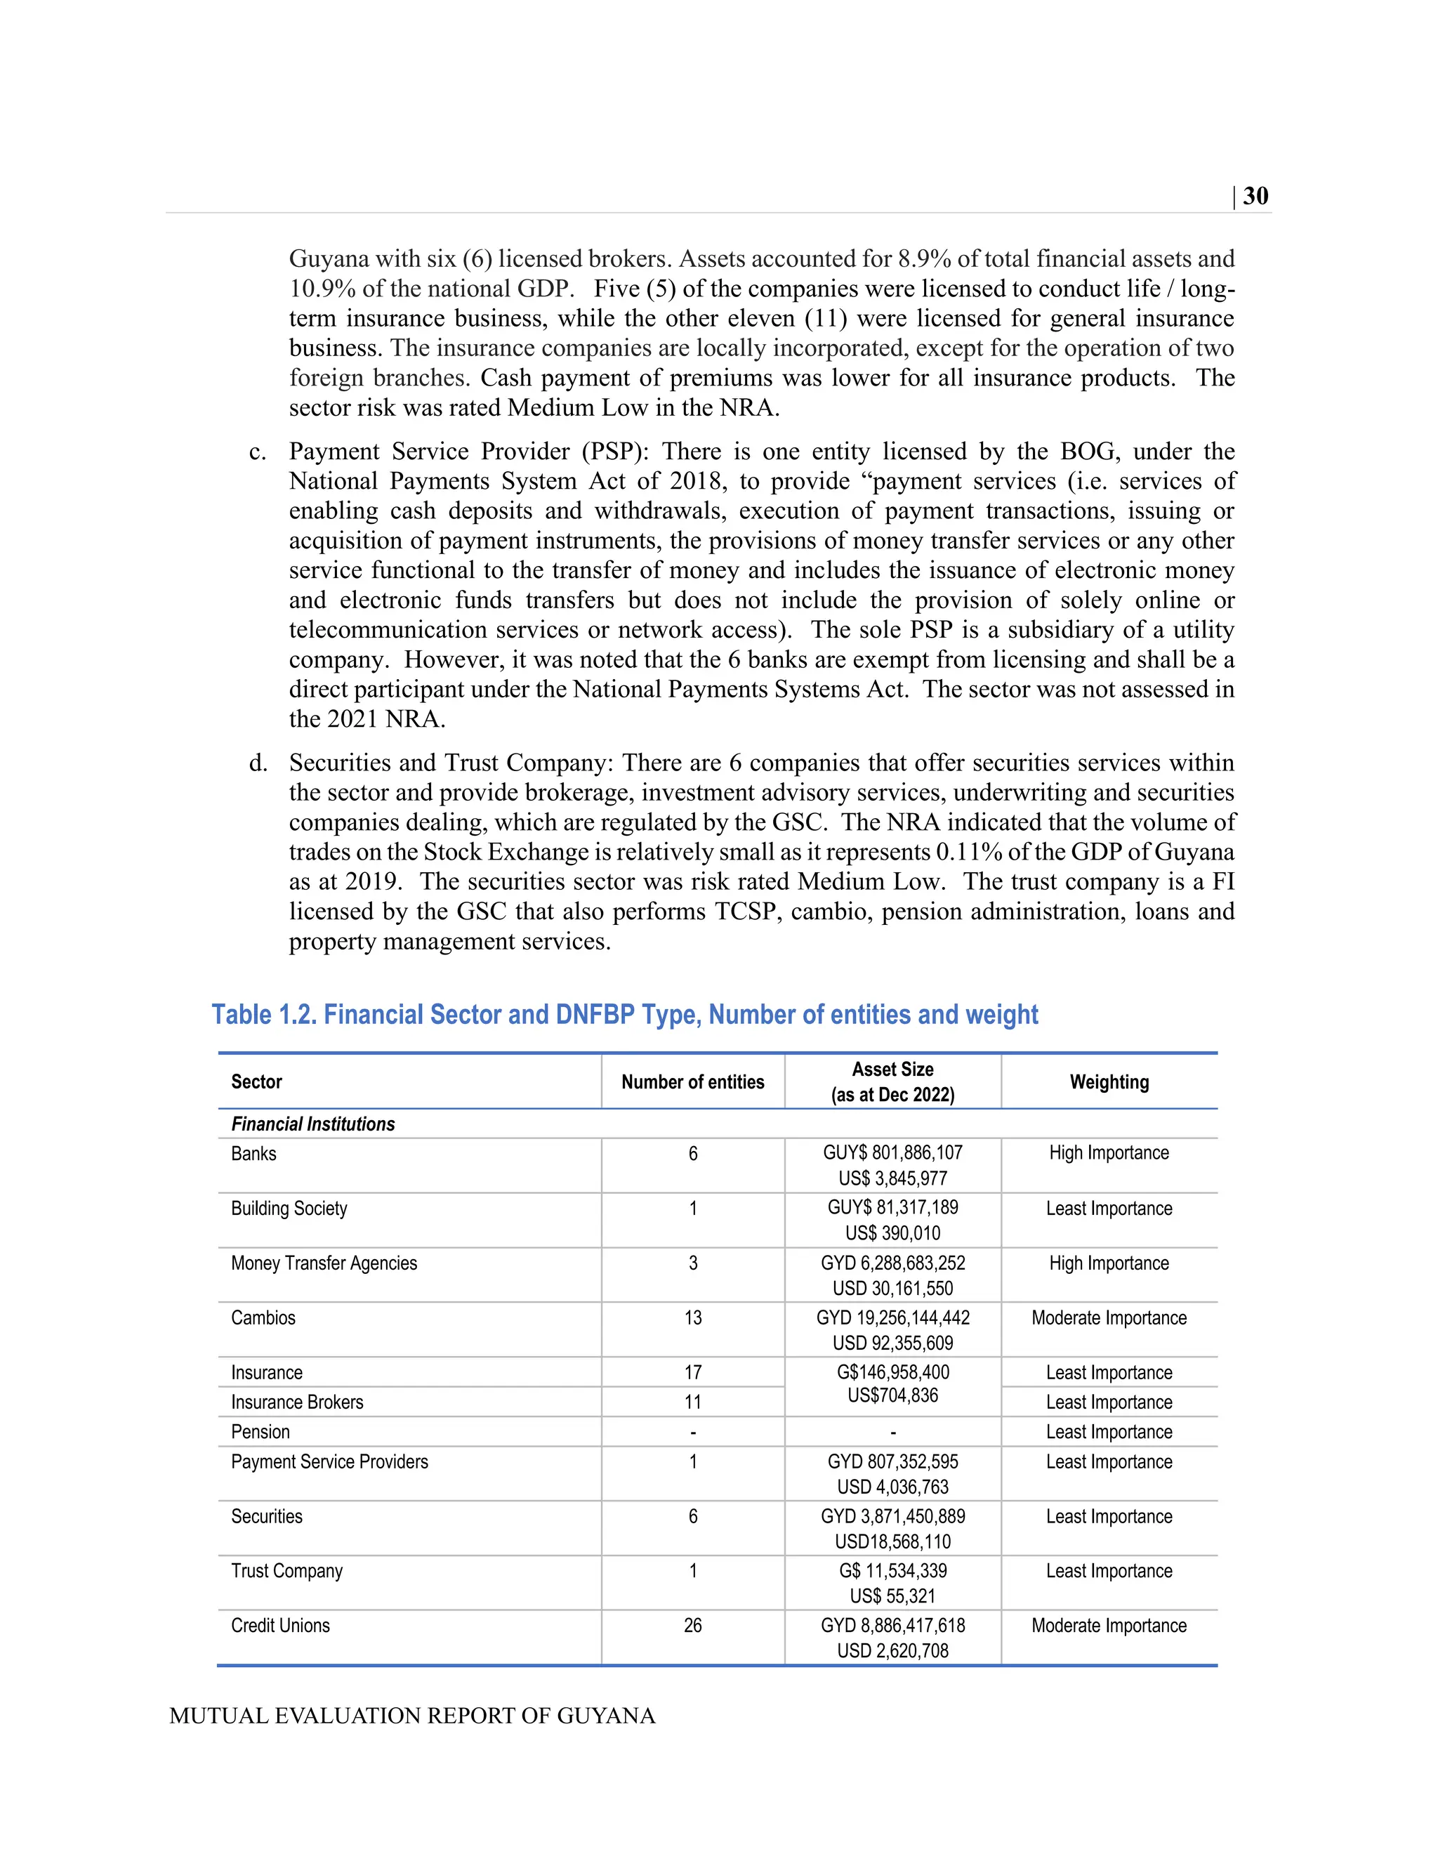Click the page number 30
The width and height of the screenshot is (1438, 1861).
[x=1255, y=196]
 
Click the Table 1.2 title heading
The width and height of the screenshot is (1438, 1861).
[x=624, y=1014]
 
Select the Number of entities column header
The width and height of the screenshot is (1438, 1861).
[x=692, y=1081]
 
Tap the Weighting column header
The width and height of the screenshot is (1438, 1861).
[x=1109, y=1081]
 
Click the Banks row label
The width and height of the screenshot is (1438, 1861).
[x=254, y=1154]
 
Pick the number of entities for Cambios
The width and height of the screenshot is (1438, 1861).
[x=692, y=1317]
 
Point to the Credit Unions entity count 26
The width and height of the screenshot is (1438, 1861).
[x=692, y=1625]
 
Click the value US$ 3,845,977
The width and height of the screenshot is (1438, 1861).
[x=893, y=1178]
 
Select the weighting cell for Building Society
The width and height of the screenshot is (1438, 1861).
[x=1109, y=1209]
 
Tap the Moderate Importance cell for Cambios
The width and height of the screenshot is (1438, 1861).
[x=1109, y=1317]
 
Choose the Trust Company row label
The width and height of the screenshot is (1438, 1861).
[x=286, y=1570]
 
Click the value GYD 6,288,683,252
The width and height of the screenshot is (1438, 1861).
[x=893, y=1263]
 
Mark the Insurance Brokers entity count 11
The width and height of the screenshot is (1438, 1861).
[x=692, y=1402]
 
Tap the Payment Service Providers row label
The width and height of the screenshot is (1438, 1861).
[x=330, y=1461]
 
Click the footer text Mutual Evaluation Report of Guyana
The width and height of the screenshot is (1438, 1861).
[x=412, y=1716]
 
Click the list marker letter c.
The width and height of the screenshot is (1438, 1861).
[x=257, y=452]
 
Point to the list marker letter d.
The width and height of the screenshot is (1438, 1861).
[x=257, y=763]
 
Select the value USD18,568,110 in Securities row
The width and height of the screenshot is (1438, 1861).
[x=893, y=1541]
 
